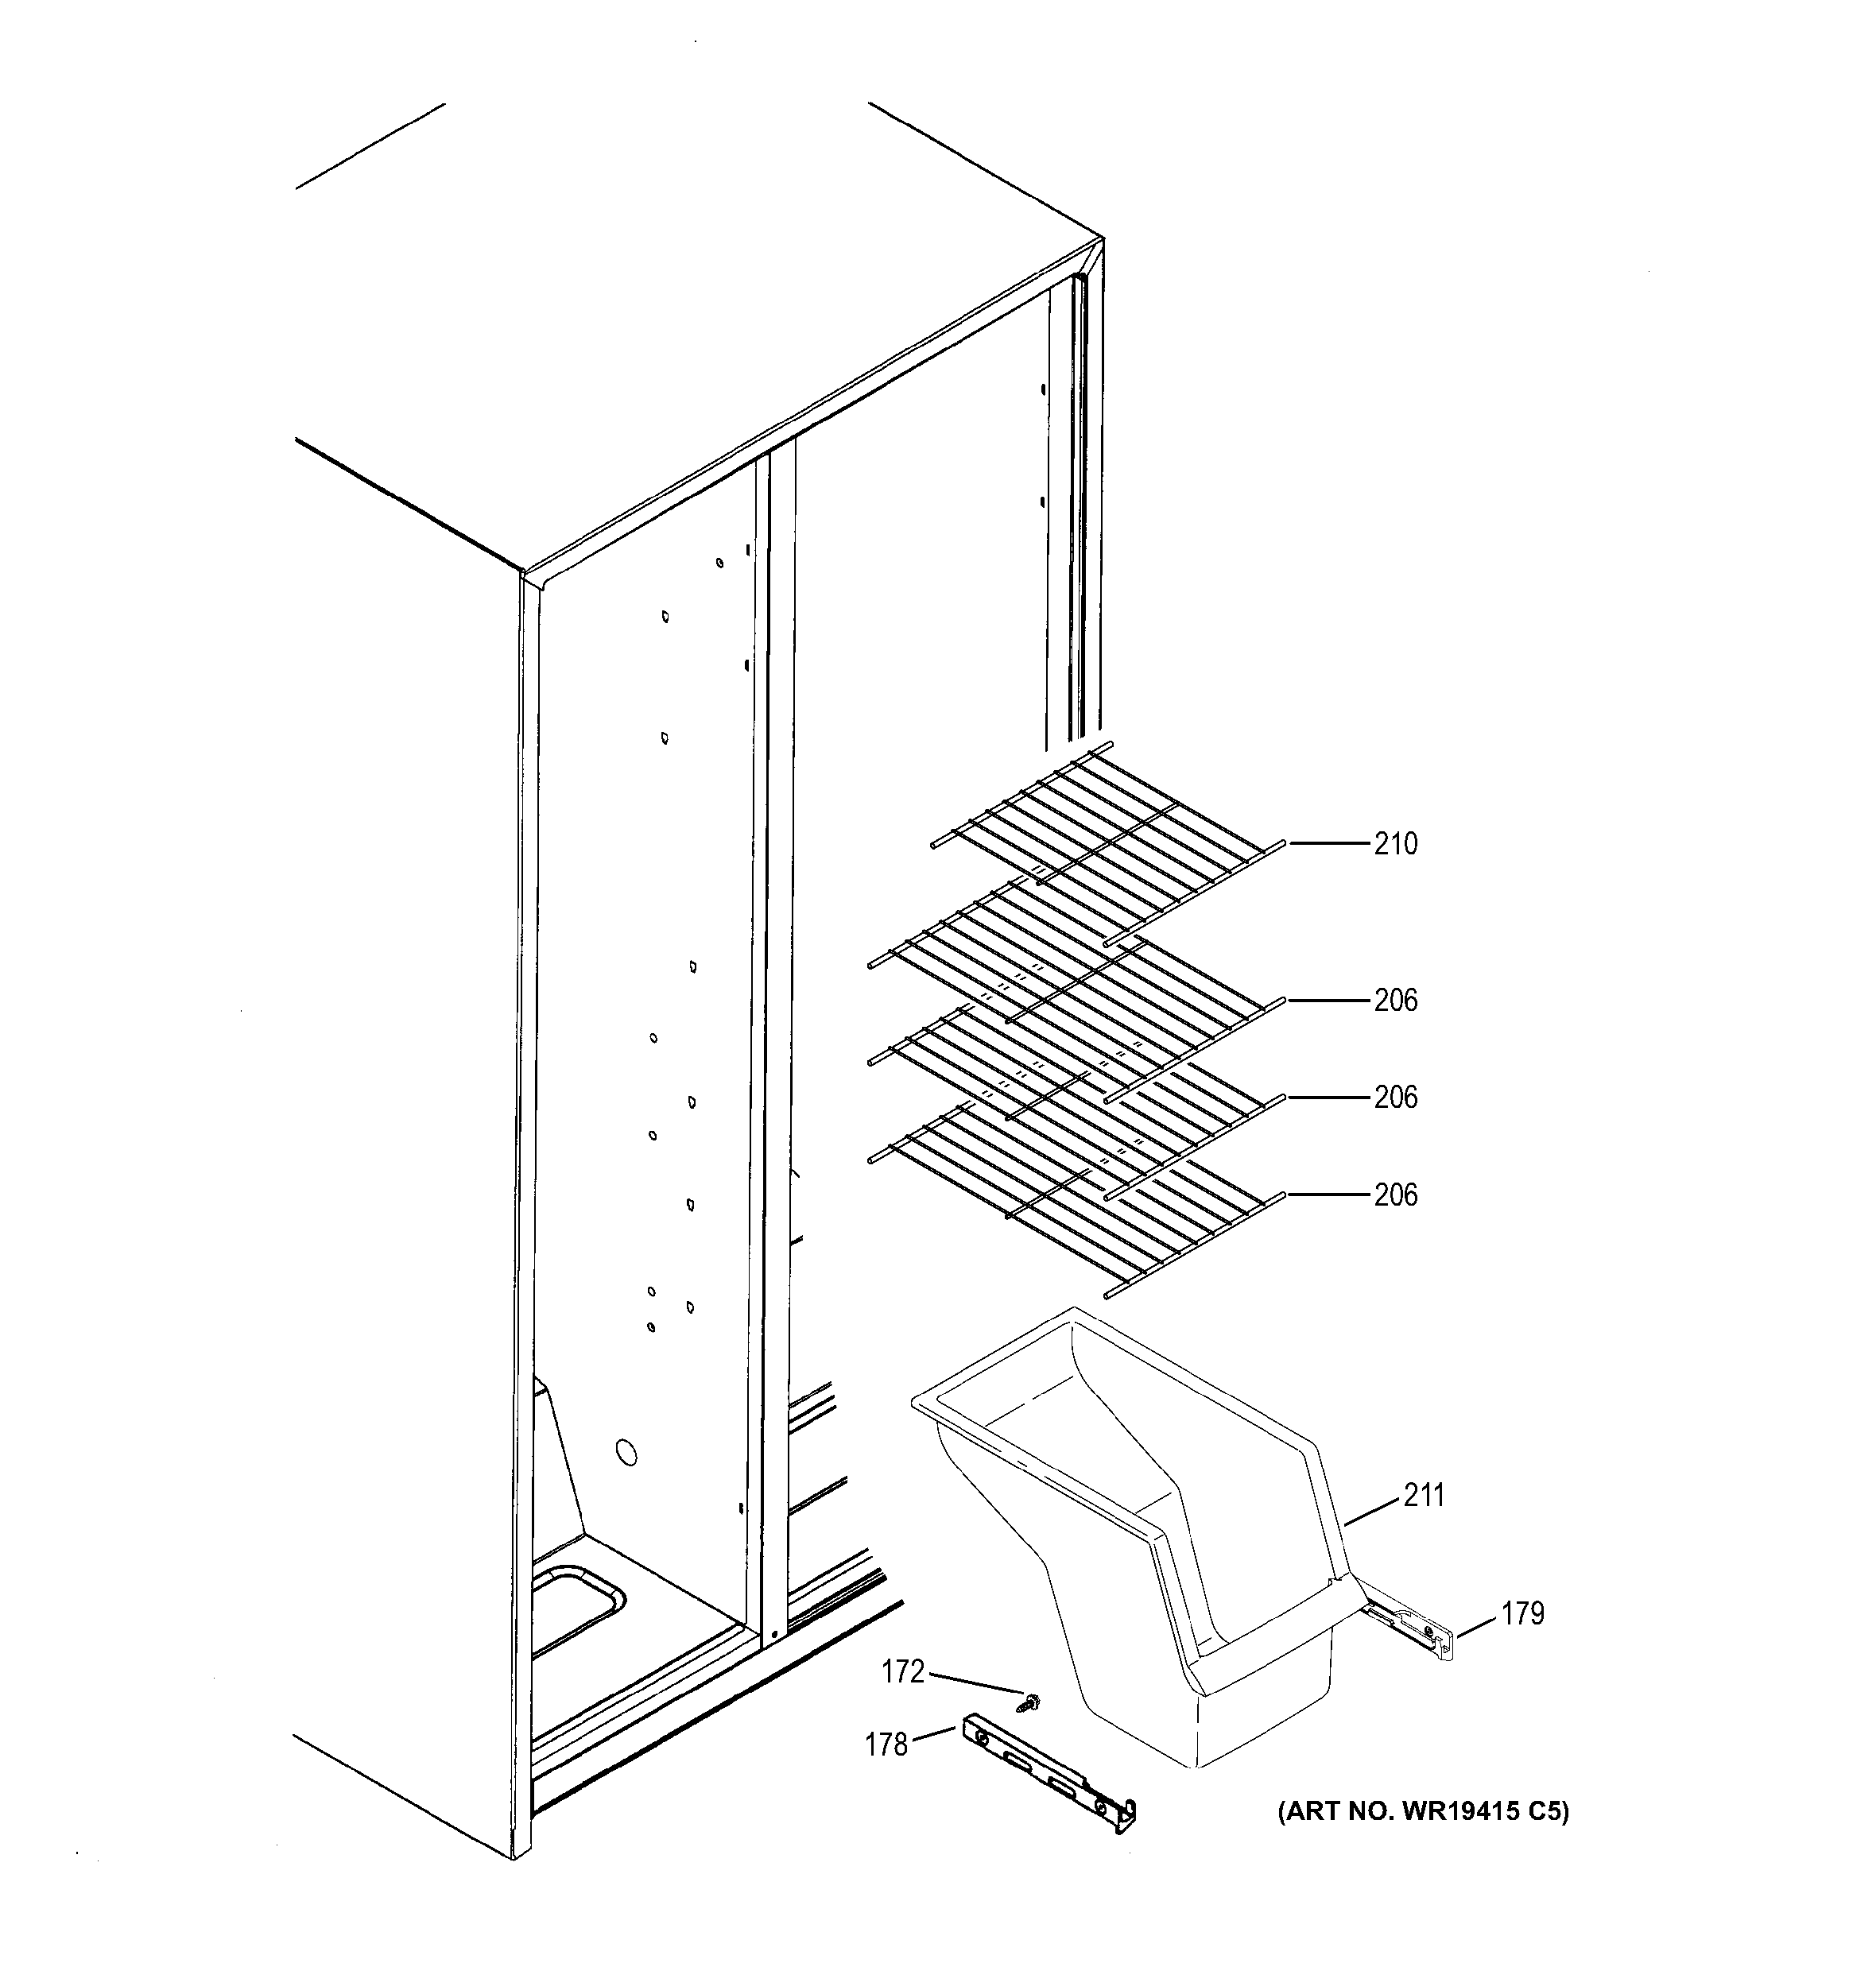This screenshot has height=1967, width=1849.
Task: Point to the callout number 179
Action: coord(1522,1614)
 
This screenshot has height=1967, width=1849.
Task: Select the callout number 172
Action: coord(903,1672)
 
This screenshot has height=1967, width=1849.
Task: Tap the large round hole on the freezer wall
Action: coord(626,1454)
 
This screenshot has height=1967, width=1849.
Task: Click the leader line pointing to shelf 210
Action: coord(1327,843)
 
